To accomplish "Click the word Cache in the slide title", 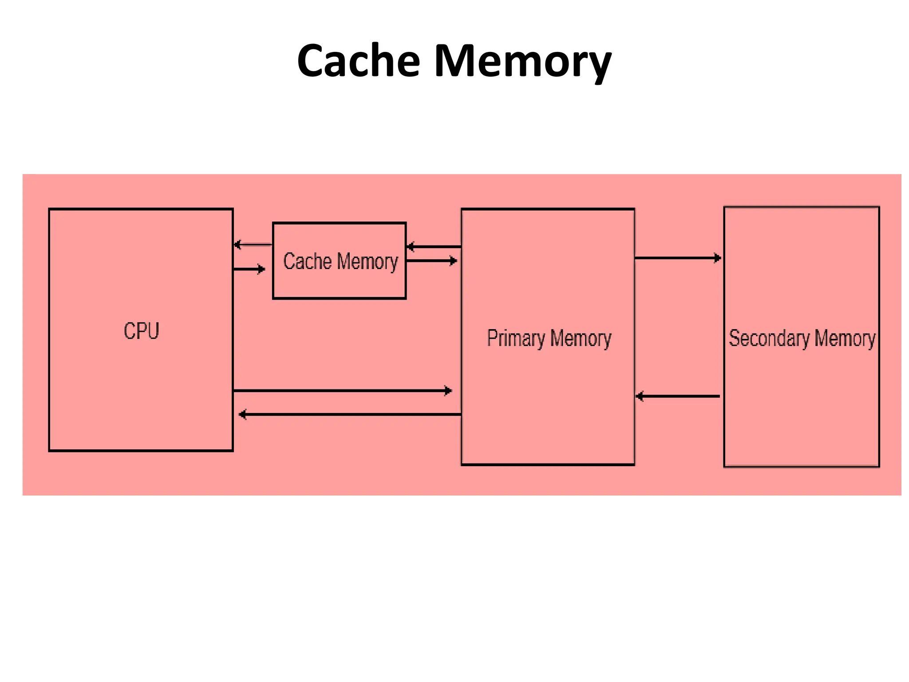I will [x=358, y=61].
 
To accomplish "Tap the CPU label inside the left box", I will [x=141, y=331].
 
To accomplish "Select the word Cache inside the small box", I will [x=307, y=261].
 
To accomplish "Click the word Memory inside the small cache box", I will [x=368, y=262].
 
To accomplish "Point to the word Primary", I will [x=516, y=339].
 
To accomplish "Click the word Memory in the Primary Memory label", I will [x=581, y=339].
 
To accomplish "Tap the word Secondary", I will [x=769, y=339].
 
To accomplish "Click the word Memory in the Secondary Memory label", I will [x=845, y=339].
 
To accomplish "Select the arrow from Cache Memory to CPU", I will [x=253, y=245].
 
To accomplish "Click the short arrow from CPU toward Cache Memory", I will [x=249, y=269].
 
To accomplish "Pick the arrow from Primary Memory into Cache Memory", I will [x=434, y=246].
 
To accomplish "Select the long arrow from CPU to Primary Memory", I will [x=342, y=391].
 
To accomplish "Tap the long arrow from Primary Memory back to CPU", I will [x=351, y=414].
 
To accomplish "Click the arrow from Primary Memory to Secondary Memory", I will [x=677, y=258].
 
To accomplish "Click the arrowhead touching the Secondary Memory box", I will [x=717, y=258].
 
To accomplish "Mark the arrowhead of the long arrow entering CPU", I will [x=242, y=414].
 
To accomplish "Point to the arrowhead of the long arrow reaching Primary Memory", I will [x=448, y=391].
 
